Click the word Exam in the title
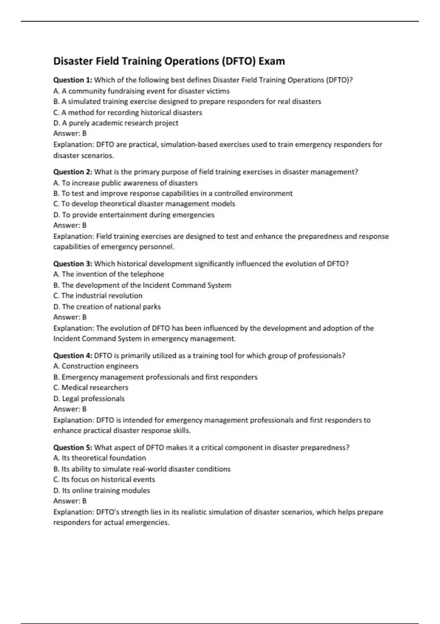[271, 61]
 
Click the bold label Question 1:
[73, 80]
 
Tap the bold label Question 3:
[73, 264]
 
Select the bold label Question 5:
[73, 447]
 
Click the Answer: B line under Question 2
[70, 225]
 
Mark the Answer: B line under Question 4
[70, 409]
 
